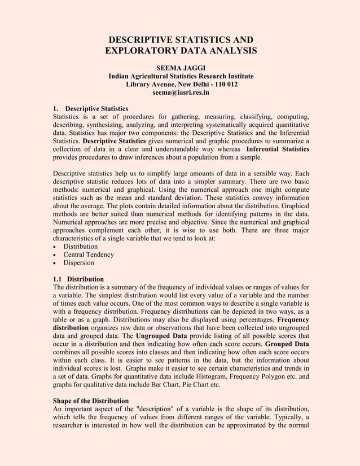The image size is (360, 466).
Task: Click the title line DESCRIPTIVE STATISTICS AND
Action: coord(181,40)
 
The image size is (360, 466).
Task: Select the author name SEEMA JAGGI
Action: coord(181,68)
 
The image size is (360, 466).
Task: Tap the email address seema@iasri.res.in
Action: coord(181,92)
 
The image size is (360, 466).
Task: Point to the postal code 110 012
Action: coord(222,84)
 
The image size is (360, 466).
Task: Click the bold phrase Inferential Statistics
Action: coord(278,148)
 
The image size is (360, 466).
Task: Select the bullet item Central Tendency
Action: coord(88,254)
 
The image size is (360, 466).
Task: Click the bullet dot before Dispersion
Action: coord(54,263)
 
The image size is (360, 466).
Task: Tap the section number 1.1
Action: coord(58,279)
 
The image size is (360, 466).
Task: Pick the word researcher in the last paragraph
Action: coord(71,425)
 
